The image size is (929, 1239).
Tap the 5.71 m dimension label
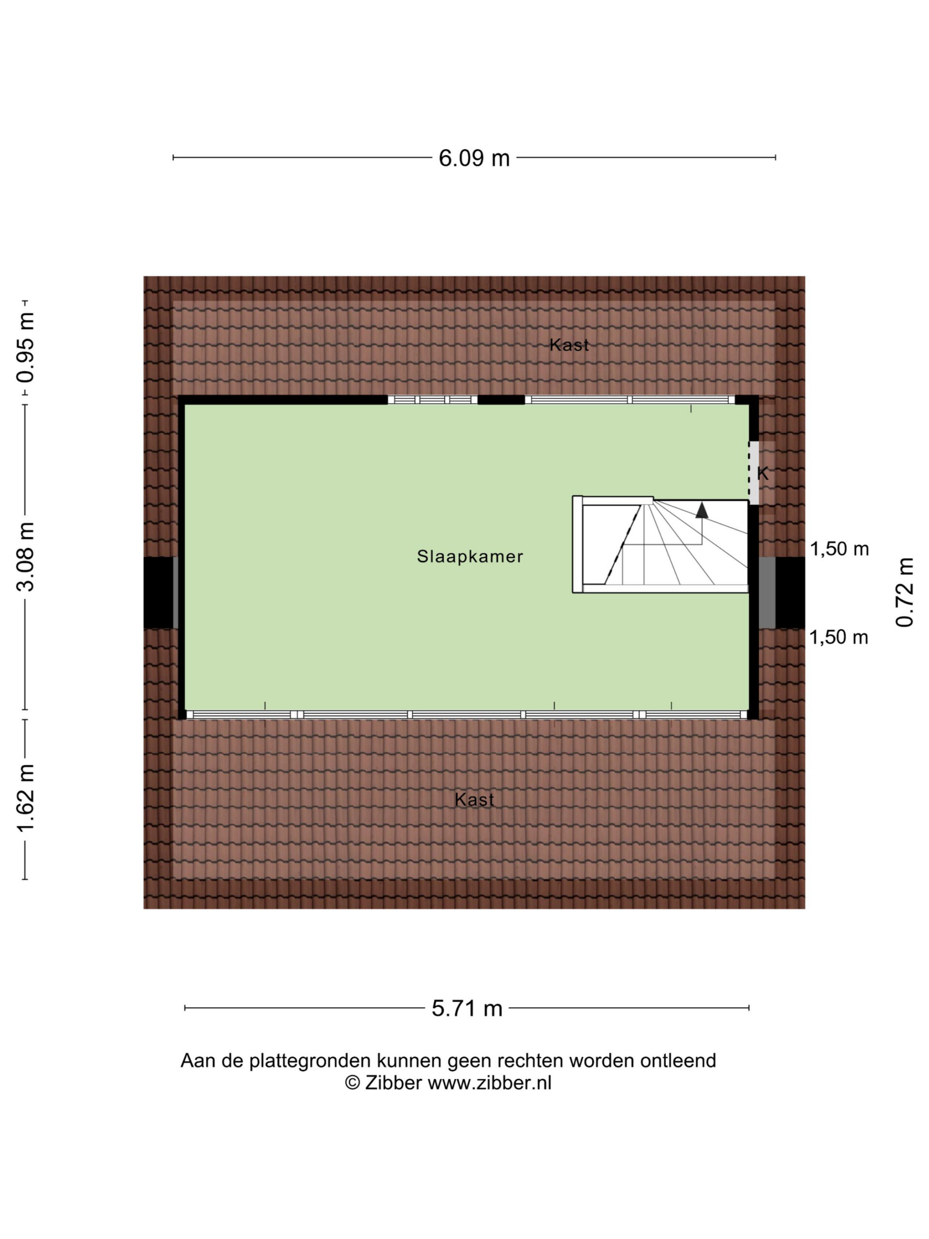[466, 1008]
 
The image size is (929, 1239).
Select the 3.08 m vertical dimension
[26, 557]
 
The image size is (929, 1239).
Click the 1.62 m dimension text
[26, 798]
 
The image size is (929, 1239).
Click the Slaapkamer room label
[470, 556]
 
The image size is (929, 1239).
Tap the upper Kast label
[569, 345]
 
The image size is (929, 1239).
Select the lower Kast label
[474, 800]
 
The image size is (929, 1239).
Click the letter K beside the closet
[763, 473]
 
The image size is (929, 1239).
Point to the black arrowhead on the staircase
[702, 510]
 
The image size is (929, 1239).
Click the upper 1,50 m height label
[839, 549]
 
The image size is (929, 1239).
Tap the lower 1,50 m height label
[839, 637]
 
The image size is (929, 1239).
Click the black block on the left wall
[159, 592]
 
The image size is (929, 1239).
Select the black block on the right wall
[790, 592]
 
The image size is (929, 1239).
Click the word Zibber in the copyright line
[393, 1083]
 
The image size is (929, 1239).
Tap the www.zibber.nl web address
[490, 1083]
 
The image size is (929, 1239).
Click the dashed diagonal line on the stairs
[623, 544]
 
